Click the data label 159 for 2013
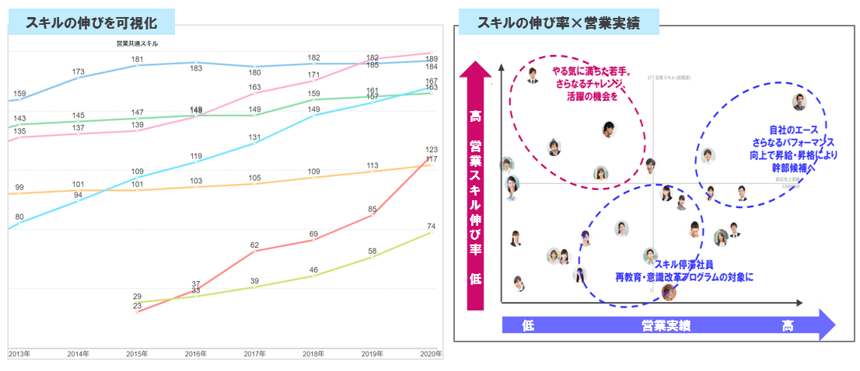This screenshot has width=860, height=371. coord(19,95)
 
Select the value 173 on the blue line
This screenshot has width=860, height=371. coord(78,72)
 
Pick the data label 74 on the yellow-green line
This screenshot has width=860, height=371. coord(432,227)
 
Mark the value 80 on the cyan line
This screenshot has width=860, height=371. coord(19,217)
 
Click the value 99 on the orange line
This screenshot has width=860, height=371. coord(19,188)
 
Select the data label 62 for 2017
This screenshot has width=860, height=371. coord(255,245)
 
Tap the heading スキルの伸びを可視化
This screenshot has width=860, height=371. coord(92,22)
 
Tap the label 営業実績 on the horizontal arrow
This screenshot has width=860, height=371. coord(666,325)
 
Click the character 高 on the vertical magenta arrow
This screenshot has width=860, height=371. coord(475,116)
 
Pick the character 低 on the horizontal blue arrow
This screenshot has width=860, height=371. coord(528,325)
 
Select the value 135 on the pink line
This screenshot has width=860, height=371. coord(19,131)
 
